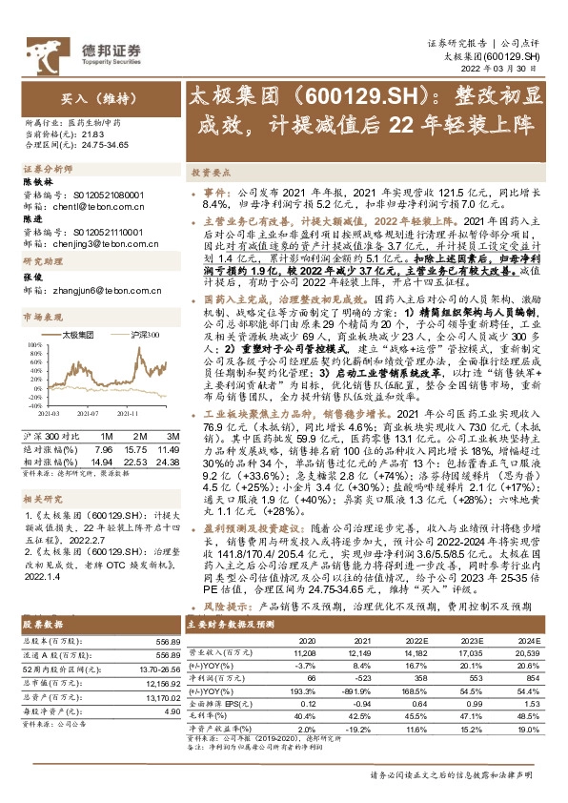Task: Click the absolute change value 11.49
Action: tap(169, 448)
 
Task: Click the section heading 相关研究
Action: tap(42, 497)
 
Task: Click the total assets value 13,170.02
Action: tap(159, 672)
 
